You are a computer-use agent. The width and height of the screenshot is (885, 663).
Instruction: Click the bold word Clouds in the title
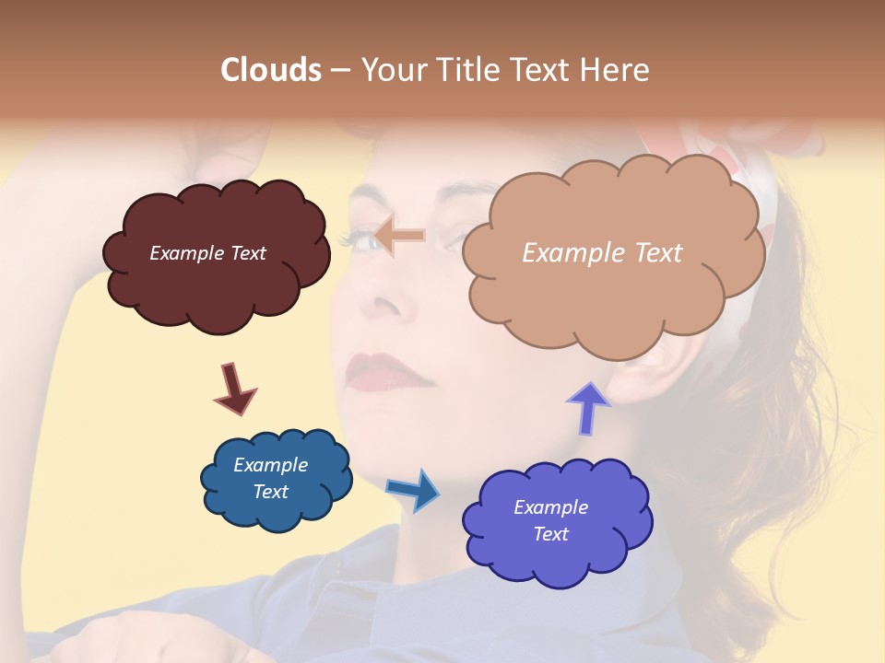coord(271,70)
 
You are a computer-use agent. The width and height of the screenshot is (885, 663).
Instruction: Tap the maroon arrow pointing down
coord(234,388)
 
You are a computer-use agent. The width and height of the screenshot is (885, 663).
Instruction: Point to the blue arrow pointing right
coord(414,489)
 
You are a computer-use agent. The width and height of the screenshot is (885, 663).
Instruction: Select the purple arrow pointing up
coord(588,408)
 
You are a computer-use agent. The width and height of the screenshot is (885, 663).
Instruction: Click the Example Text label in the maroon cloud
coord(207,253)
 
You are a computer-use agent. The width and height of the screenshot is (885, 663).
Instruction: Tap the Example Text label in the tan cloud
coord(602,253)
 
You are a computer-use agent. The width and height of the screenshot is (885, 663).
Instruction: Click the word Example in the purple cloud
coord(550,507)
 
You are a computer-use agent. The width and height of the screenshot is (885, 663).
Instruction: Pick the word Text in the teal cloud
coord(270,492)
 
